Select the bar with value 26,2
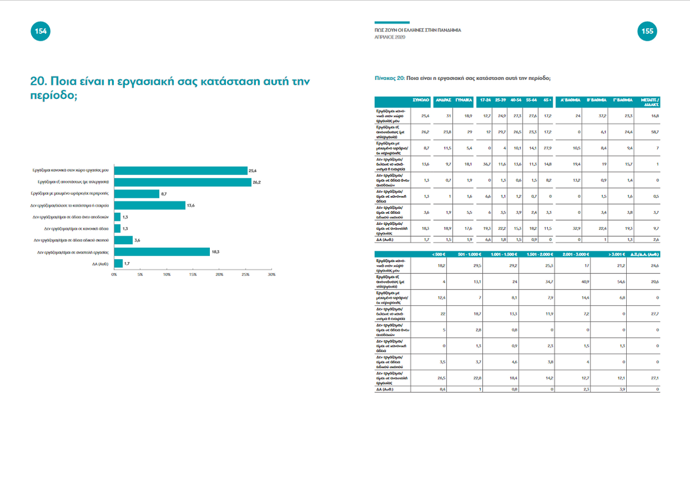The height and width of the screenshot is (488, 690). (x=183, y=182)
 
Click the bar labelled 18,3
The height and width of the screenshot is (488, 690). (x=162, y=251)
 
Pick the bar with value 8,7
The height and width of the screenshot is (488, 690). (x=137, y=194)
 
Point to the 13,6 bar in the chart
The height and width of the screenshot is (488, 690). (x=149, y=205)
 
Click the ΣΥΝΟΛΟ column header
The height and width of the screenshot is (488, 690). (x=422, y=100)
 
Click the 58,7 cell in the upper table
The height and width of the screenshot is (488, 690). (x=655, y=132)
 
